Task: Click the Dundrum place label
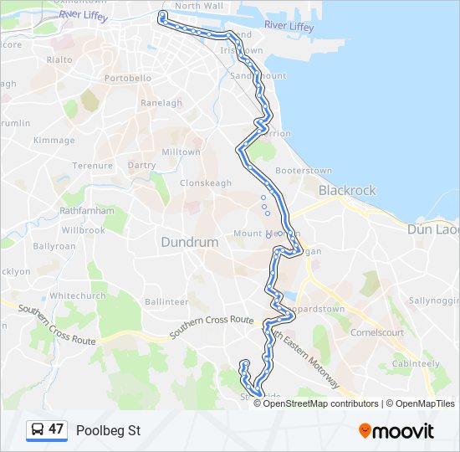tap(189, 242)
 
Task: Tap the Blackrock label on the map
tap(347, 190)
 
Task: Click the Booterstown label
tap(304, 171)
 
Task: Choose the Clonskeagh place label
tap(206, 182)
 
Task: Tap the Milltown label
tap(181, 152)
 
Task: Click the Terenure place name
tap(92, 166)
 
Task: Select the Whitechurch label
tap(78, 296)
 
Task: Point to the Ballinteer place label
tap(166, 301)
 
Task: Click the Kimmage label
tap(54, 141)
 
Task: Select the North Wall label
tap(199, 6)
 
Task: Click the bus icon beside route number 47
tap(38, 430)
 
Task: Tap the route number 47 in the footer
tap(56, 429)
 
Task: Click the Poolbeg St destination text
tap(108, 430)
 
